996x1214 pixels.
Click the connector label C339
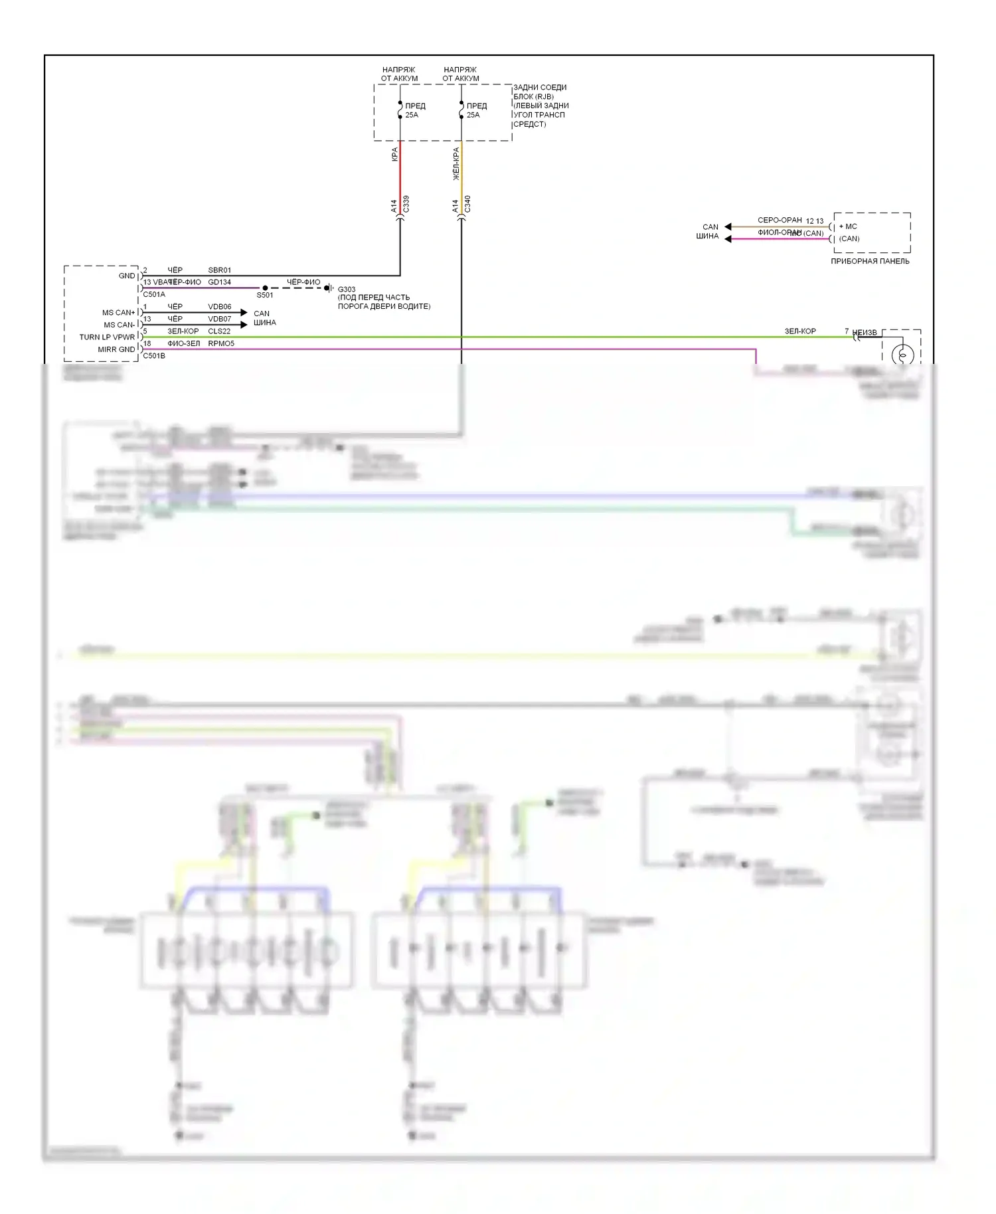(406, 204)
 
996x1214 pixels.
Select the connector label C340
(467, 204)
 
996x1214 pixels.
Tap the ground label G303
(347, 290)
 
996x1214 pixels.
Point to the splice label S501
(265, 296)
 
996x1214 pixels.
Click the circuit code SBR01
(219, 270)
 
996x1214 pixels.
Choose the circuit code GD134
(219, 282)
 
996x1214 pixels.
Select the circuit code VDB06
(219, 307)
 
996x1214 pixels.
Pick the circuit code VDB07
(219, 319)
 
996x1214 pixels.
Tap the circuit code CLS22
(219, 331)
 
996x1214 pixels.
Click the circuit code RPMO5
(220, 343)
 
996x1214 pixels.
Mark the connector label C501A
(154, 295)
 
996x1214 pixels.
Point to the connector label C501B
(154, 356)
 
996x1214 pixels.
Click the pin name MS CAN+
(119, 313)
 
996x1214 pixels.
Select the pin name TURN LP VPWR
(107, 337)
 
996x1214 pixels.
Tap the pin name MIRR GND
(116, 349)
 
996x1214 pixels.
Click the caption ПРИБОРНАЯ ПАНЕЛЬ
(870, 262)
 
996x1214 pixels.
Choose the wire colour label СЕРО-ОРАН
(780, 220)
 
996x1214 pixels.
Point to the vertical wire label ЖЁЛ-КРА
(456, 163)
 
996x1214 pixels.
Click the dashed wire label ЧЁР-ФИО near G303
(303, 282)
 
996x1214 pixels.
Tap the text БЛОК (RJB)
(533, 97)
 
